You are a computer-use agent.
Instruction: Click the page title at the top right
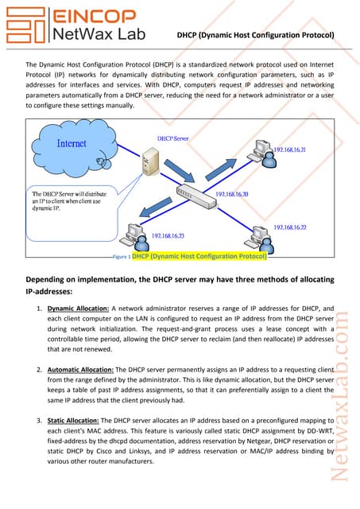coord(255,36)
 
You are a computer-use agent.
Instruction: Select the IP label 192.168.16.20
coord(232,194)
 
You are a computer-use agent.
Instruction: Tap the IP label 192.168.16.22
coord(292,227)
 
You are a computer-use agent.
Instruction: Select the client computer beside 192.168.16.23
coord(134,233)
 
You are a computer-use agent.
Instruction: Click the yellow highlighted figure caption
coord(199,257)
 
